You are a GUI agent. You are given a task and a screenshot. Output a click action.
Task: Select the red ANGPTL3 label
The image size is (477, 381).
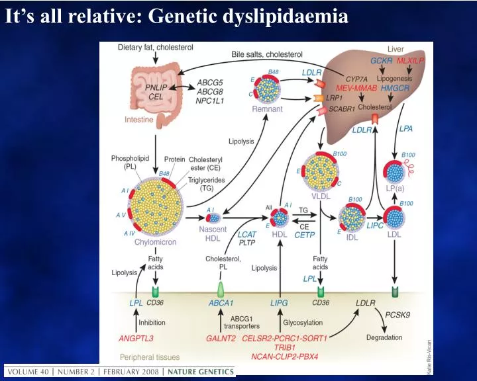(x=136, y=338)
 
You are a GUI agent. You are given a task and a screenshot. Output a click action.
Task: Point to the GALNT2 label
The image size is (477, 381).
(x=221, y=338)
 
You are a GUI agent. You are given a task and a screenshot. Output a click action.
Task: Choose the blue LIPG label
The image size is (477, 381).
(x=280, y=303)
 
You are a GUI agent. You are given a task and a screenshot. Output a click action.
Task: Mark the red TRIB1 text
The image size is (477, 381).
(x=285, y=347)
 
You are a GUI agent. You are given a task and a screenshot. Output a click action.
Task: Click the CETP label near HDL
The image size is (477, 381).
(x=304, y=235)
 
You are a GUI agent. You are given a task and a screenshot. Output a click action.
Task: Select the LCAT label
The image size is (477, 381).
(x=247, y=235)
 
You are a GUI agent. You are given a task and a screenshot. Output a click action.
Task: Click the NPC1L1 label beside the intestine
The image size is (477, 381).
(x=213, y=101)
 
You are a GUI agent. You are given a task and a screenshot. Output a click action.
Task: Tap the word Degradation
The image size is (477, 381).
(x=384, y=337)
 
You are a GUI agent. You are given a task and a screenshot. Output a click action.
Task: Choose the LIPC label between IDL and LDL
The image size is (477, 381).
(x=376, y=226)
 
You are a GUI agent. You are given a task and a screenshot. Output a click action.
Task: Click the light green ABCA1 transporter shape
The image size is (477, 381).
(x=221, y=288)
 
